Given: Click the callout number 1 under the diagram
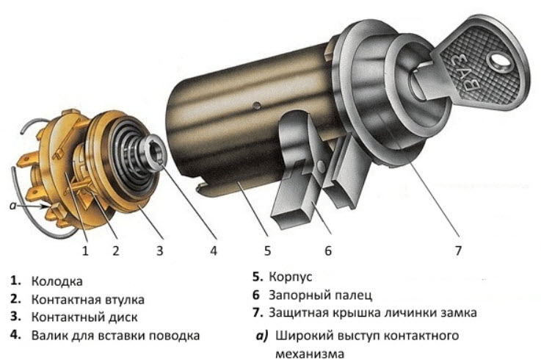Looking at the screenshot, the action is point(85,251).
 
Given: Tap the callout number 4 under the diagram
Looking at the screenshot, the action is point(214,251).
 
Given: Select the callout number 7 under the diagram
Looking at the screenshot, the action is point(458,251).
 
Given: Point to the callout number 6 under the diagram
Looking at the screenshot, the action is point(328,251).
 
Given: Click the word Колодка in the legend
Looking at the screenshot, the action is point(57,281).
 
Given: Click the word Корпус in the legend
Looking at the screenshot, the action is point(291,277).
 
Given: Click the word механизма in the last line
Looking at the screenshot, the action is point(310,354).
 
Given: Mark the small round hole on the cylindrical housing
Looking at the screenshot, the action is point(256,105).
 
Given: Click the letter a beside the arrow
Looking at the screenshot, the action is point(13,206).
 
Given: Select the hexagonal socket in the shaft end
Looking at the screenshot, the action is point(157,153).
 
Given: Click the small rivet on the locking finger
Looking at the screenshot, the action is point(321,166).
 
